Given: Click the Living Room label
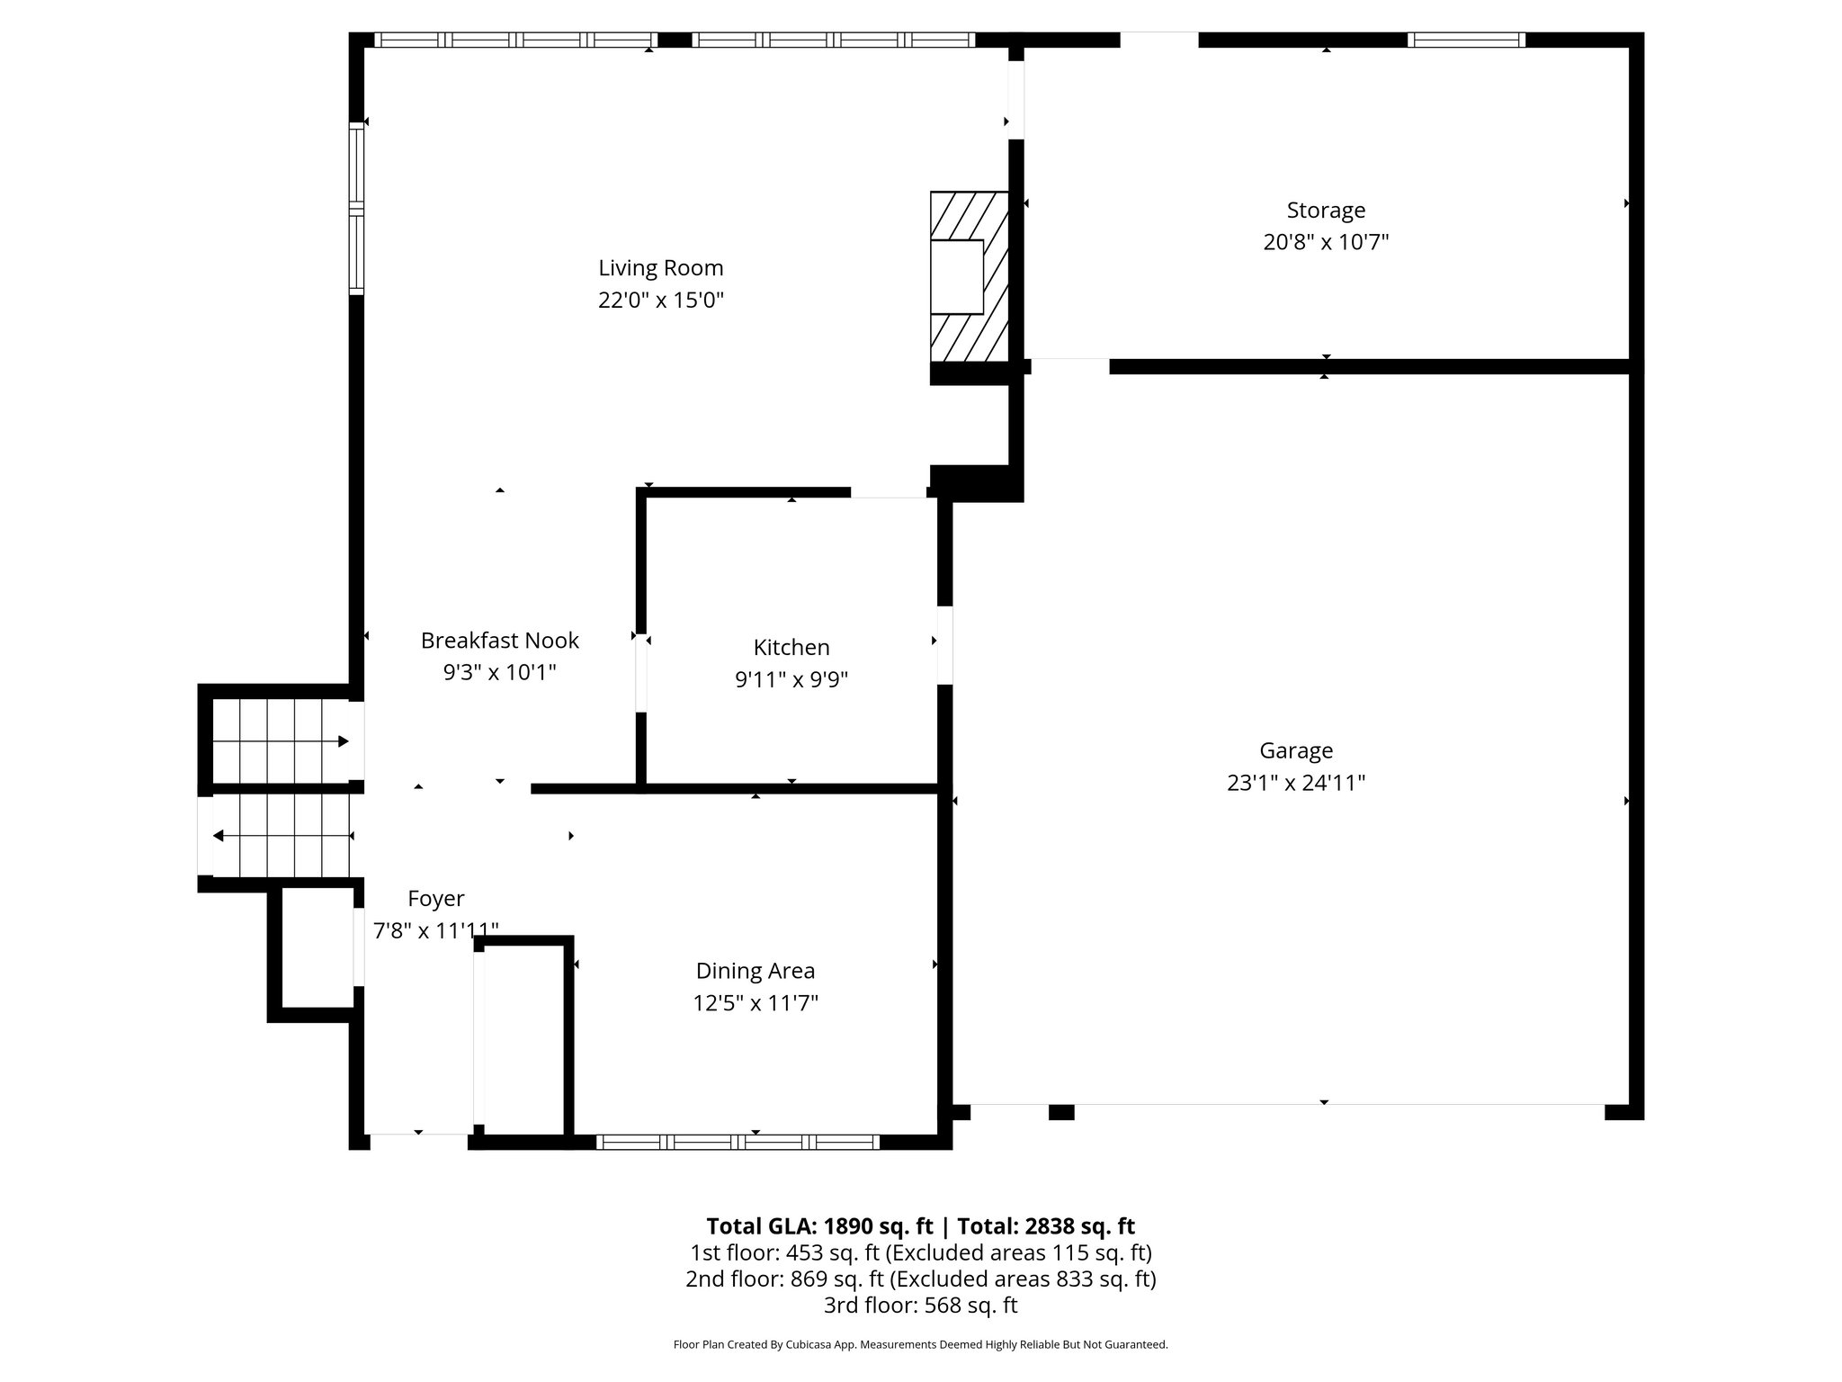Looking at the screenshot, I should coord(660,268).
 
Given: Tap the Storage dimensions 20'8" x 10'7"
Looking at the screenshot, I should coord(1325,242).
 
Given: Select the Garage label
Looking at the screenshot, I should coord(1295,750).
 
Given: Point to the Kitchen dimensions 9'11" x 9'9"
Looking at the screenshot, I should coord(791,679).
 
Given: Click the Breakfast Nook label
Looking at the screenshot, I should coord(499,641).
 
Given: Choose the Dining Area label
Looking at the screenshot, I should coord(755,971).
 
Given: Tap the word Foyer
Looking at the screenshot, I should coord(435,898).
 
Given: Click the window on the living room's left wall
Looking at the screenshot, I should coord(357,208).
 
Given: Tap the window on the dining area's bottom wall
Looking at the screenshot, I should coord(737,1142).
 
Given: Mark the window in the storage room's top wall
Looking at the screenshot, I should coord(1466,40).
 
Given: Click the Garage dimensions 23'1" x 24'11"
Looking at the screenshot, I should coord(1295,783).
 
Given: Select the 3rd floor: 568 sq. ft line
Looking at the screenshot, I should coord(920,1305).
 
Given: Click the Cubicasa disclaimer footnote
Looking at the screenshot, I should coord(920,1345).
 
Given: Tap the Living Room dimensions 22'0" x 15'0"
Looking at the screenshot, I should coord(660,301).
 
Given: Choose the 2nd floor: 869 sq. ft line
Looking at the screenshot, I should coord(920,1279).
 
